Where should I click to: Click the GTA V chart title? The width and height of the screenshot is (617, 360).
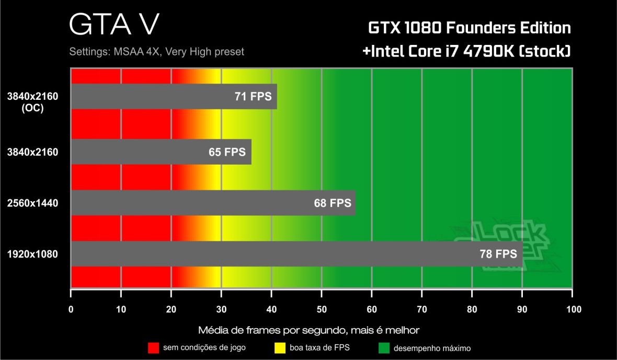113,24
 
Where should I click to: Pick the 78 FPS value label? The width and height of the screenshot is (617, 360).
498,254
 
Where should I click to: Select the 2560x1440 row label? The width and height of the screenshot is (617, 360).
32,203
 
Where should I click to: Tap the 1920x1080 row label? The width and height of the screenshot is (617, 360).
32,254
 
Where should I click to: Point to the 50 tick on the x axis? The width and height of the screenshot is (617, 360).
322,309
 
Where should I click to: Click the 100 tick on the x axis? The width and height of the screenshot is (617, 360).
573,309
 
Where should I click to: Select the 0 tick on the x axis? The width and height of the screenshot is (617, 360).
71,309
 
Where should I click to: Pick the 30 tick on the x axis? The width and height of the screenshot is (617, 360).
221,309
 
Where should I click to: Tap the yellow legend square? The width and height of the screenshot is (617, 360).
279,347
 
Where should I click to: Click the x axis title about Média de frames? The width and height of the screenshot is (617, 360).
308,330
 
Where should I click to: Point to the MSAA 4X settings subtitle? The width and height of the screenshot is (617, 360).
156,52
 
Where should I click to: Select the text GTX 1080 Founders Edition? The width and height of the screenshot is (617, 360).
469,27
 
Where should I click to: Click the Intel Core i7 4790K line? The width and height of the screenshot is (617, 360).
466,52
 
